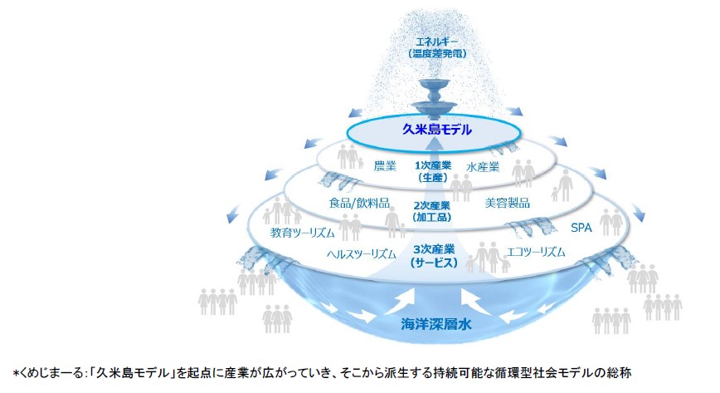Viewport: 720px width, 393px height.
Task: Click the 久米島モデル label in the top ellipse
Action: point(436,130)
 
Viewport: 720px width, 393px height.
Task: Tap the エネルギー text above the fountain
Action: point(436,42)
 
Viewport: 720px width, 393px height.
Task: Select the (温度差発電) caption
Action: point(436,54)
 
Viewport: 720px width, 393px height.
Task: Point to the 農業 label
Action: point(385,165)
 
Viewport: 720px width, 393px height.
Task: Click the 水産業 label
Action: point(483,167)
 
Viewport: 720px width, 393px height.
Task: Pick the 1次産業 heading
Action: point(432,165)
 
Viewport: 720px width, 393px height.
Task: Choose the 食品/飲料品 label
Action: point(359,203)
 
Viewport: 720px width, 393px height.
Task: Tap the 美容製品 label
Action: point(508,203)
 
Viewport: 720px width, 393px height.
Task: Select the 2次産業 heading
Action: point(431,205)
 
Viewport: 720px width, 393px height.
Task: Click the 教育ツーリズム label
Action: point(302,233)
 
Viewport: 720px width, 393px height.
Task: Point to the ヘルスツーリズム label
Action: point(362,253)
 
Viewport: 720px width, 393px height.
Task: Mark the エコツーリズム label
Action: point(535,252)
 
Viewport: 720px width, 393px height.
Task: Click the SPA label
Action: point(581,228)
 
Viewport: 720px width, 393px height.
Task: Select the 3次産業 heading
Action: point(434,249)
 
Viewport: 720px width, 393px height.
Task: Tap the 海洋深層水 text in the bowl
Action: point(436,324)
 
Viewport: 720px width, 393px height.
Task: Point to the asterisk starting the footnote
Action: point(15,373)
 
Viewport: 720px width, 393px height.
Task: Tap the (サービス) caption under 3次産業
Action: point(434,263)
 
